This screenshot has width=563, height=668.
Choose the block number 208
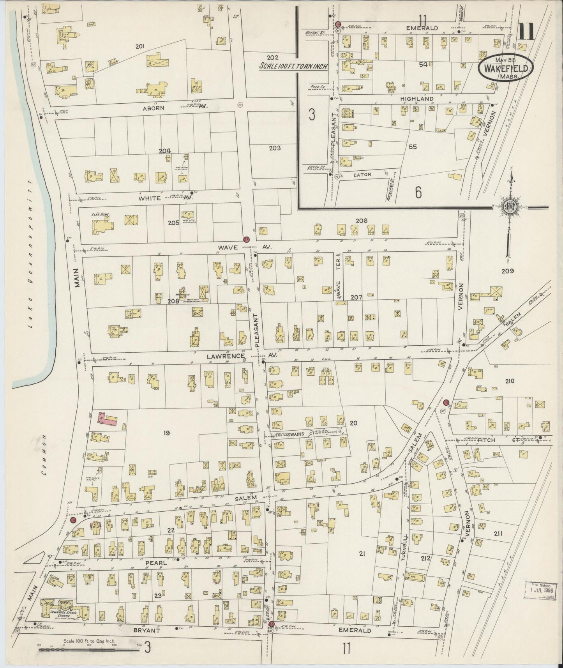[173, 301]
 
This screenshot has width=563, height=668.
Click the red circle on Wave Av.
[246, 240]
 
